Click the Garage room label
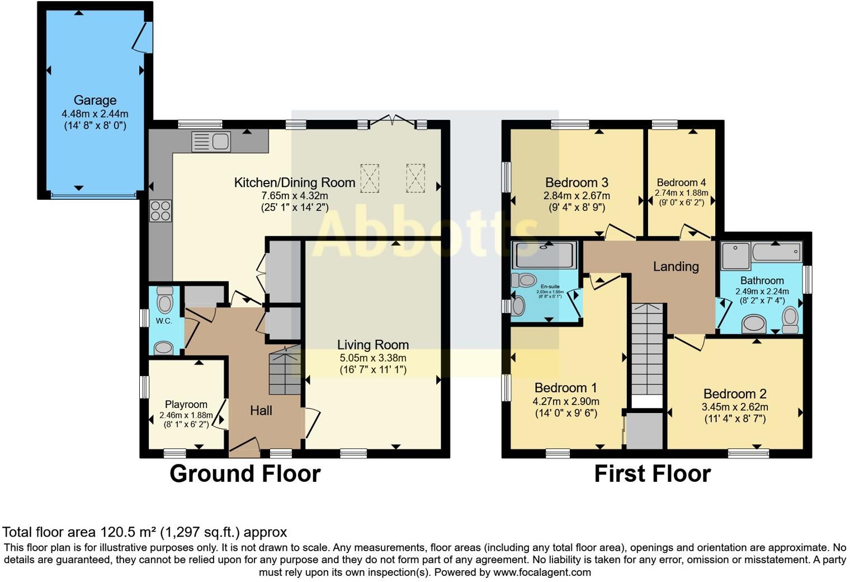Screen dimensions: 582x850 click(95, 100)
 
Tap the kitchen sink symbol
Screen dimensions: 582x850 click(211, 141)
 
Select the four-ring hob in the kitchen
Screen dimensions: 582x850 click(160, 211)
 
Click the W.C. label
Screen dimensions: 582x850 click(164, 321)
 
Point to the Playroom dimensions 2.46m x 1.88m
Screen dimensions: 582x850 click(186, 415)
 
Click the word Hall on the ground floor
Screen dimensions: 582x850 click(261, 411)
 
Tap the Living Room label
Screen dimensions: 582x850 click(373, 345)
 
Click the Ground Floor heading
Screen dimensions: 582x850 click(245, 473)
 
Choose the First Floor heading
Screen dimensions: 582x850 click(652, 473)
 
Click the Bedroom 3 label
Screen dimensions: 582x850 click(577, 182)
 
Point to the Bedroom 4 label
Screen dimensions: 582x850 click(681, 182)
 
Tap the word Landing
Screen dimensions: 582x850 click(676, 266)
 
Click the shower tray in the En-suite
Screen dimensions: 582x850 click(545, 255)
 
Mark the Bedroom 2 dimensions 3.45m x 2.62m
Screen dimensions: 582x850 click(735, 407)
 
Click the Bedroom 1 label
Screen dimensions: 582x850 click(566, 388)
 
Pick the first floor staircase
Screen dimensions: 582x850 click(647, 350)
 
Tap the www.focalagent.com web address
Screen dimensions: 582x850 click(542, 572)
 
